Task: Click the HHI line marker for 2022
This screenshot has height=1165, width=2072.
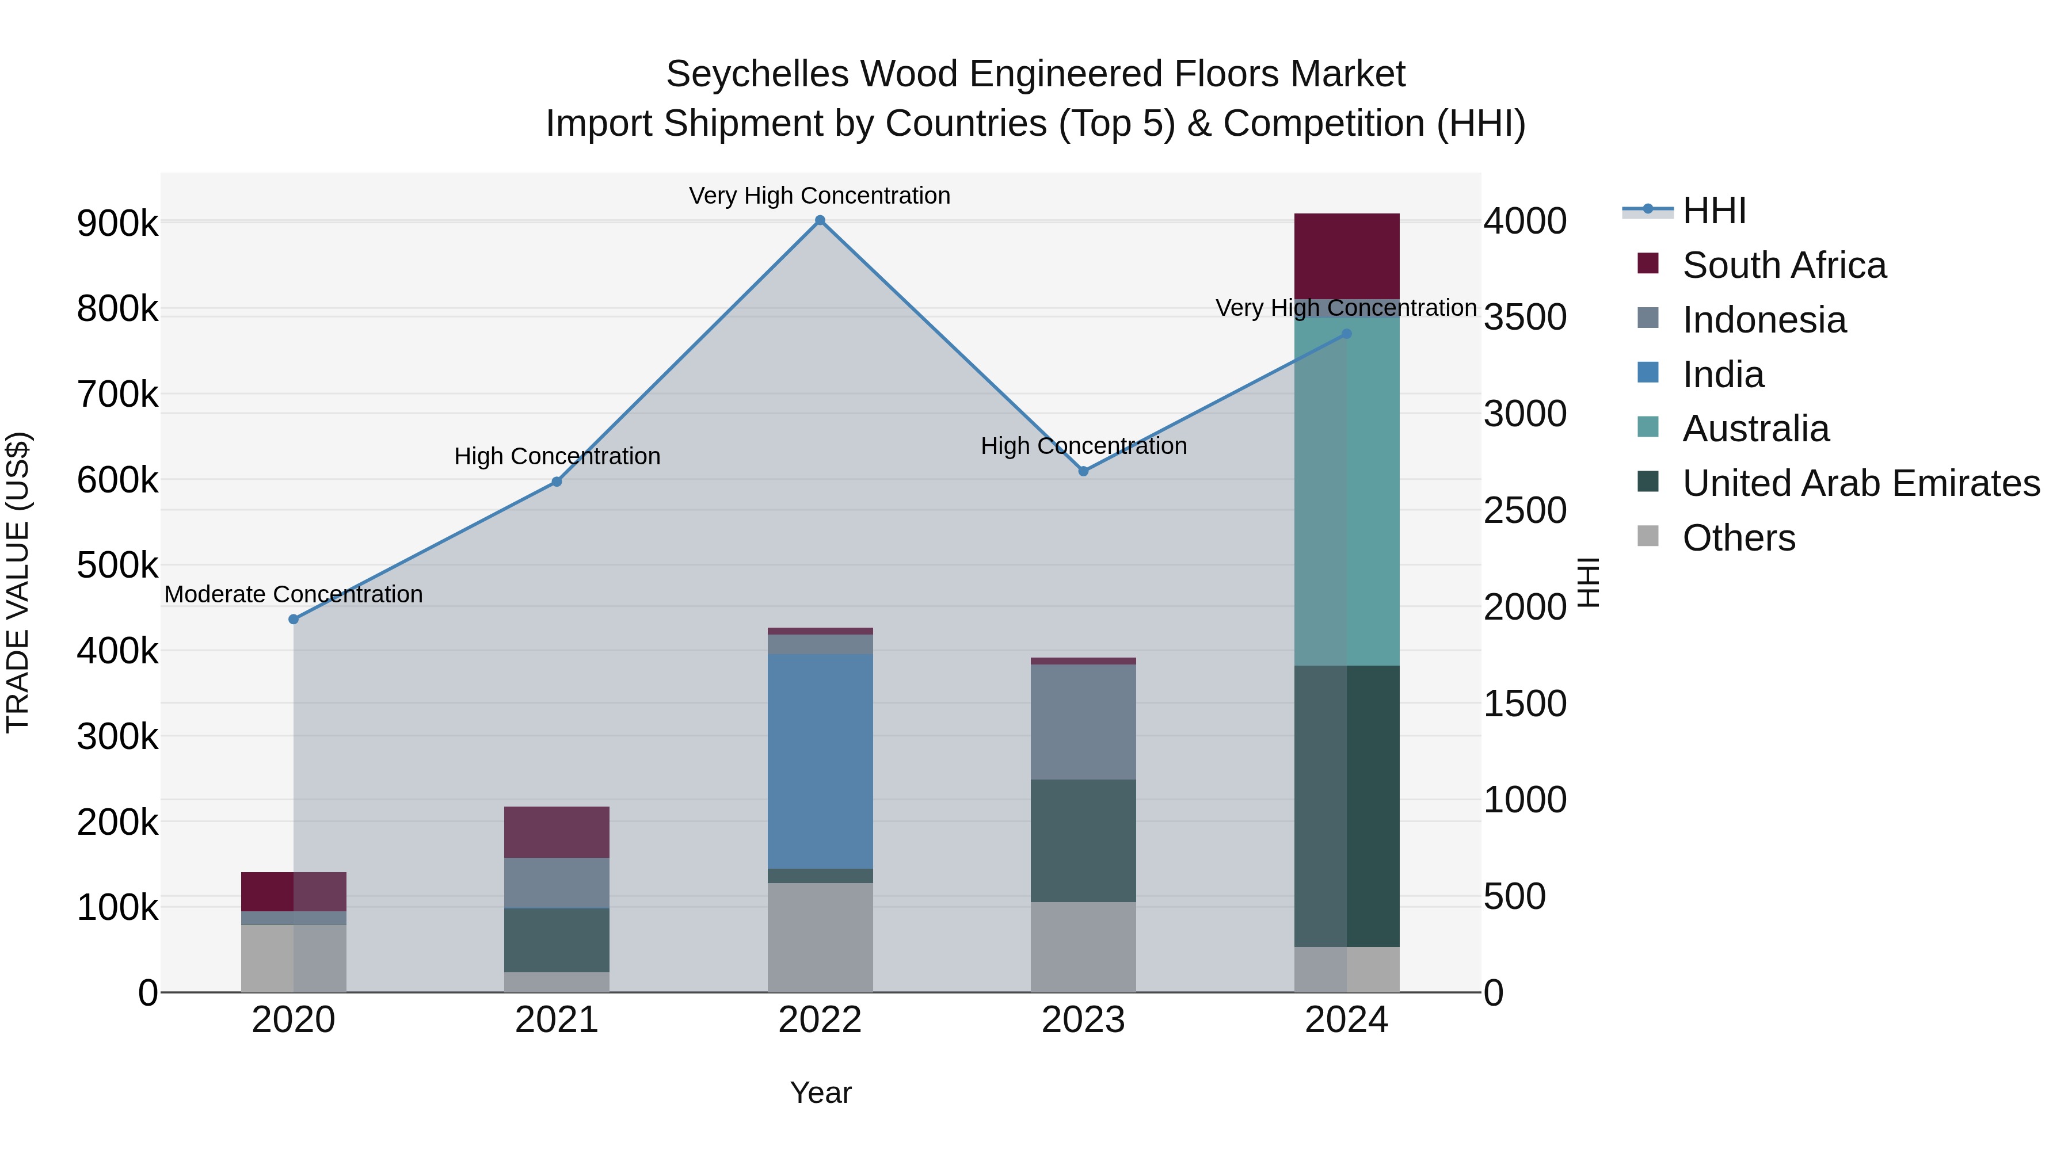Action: point(820,220)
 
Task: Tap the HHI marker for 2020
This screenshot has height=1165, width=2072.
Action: point(294,619)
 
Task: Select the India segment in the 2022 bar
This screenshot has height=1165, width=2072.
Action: point(820,761)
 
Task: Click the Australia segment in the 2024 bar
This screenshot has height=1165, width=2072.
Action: point(1346,490)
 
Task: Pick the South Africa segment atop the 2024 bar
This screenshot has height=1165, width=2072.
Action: point(1346,255)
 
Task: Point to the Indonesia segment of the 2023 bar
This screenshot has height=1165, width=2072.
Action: point(1083,721)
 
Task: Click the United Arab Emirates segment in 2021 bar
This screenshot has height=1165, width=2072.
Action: point(557,940)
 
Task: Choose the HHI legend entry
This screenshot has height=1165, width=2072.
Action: point(1713,211)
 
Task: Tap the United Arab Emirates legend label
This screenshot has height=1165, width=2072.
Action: point(1860,483)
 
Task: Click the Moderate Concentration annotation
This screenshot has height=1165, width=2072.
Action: point(294,594)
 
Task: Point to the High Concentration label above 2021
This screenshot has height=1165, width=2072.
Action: point(557,456)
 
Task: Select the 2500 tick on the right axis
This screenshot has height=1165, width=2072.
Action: point(1524,510)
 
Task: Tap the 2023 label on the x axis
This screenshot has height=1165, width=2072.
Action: point(1083,1020)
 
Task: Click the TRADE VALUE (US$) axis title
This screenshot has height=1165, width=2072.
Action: point(18,582)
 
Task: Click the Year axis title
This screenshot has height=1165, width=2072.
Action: point(820,1093)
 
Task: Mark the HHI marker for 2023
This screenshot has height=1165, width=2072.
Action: point(1083,471)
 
